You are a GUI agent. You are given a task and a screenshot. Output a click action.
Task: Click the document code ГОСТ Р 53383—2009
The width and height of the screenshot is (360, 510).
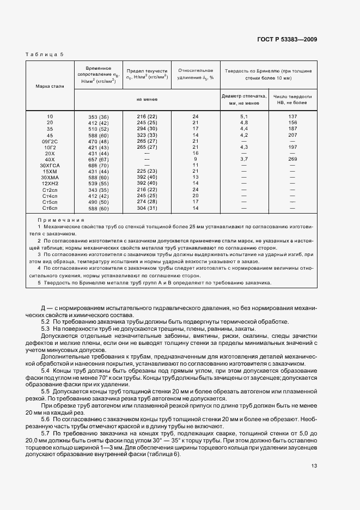click(287, 39)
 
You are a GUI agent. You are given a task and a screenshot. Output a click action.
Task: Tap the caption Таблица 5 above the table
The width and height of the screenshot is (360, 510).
click(45, 54)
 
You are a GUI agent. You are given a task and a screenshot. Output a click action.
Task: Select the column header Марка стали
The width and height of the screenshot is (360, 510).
click(50, 86)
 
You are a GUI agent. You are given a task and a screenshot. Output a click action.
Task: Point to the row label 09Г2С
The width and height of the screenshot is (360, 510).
click(50, 141)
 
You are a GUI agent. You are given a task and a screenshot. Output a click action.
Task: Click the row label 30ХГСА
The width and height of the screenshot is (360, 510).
click(50, 165)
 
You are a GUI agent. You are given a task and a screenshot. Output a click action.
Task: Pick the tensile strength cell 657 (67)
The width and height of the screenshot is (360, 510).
click(99, 159)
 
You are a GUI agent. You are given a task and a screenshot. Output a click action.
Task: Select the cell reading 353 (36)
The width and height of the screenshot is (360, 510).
click(99, 117)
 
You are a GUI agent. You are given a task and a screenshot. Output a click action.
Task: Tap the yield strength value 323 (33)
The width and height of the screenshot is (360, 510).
click(147, 135)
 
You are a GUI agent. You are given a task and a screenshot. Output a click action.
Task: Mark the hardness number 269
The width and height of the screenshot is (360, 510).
click(292, 159)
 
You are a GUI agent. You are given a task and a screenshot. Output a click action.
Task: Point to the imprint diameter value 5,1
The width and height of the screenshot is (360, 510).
click(244, 117)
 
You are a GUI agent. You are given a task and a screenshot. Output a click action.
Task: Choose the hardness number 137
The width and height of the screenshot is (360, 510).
click(292, 117)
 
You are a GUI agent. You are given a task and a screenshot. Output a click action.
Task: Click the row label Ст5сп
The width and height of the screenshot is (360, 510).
click(50, 201)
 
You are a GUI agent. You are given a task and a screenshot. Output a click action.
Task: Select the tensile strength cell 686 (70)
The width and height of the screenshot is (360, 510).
click(99, 165)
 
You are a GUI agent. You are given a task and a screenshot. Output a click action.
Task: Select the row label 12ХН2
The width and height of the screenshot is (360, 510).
click(50, 183)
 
